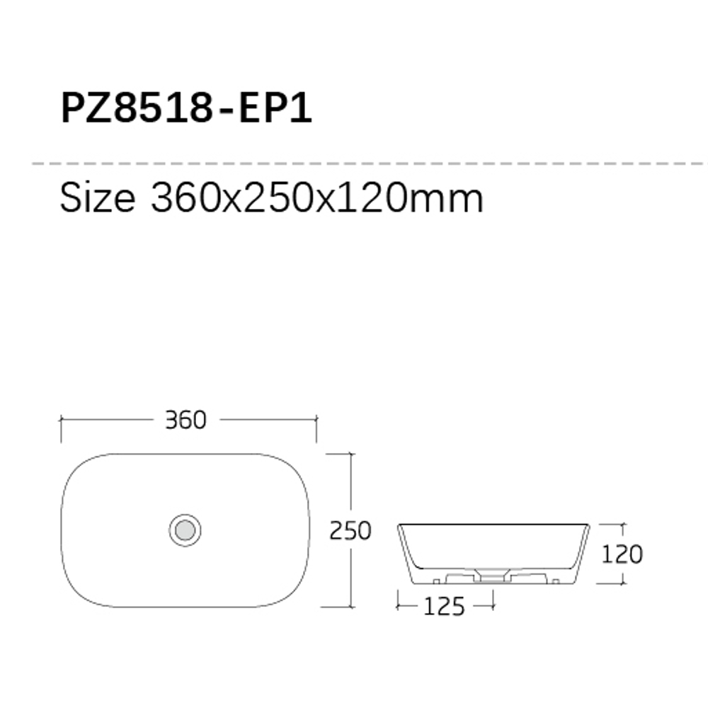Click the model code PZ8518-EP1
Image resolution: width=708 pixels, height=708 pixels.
[x=186, y=108]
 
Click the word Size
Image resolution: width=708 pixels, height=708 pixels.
[x=98, y=197]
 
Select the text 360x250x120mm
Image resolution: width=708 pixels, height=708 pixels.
[x=317, y=198]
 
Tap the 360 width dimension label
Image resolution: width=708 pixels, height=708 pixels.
[x=185, y=420]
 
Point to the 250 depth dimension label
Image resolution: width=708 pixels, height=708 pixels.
[x=350, y=530]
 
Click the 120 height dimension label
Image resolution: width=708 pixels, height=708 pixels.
[x=622, y=554]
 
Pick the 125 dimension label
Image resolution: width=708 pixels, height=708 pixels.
[x=445, y=607]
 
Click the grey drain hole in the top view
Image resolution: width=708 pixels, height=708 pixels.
[x=185, y=530]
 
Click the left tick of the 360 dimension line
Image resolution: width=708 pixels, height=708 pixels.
[x=61, y=419]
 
